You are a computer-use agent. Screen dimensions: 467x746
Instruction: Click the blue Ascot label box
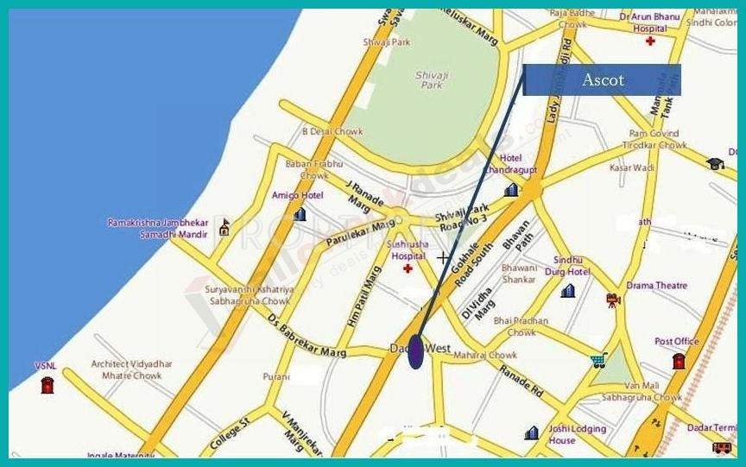tap(602, 79)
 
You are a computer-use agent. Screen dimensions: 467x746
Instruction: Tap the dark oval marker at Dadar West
tap(415, 351)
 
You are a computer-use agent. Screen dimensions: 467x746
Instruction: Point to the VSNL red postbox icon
tap(47, 383)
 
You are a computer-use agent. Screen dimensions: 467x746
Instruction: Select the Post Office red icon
tap(678, 360)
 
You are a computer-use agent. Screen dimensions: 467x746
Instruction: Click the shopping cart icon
tap(598, 361)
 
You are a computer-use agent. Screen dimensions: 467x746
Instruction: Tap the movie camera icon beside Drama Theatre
tap(613, 300)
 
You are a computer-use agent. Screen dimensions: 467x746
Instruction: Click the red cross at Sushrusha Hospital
tap(407, 269)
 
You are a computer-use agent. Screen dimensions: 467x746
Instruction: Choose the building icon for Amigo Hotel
tap(300, 213)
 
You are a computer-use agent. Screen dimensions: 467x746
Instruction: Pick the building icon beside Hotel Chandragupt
tap(511, 189)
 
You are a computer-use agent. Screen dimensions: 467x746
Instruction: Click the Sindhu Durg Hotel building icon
tap(567, 291)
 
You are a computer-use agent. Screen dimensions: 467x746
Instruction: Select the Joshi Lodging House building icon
tap(532, 432)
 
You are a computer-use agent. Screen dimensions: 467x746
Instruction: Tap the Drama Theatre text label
tap(657, 286)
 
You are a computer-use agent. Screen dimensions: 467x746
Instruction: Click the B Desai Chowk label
tap(332, 132)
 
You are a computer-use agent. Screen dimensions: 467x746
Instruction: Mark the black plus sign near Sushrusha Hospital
tap(443, 257)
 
